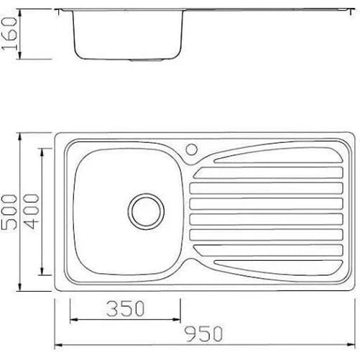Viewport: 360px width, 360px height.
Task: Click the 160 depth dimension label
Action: tap(9, 34)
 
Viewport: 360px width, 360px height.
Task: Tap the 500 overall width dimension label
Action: tap(9, 212)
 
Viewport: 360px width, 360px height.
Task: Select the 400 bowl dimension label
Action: tap(32, 211)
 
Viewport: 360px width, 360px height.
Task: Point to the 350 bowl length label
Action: tap(126, 308)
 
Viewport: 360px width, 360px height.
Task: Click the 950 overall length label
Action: tap(204, 333)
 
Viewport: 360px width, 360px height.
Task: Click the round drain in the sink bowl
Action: tap(146, 212)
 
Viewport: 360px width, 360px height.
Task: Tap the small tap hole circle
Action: tap(192, 149)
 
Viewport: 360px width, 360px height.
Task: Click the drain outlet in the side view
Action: tap(147, 60)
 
